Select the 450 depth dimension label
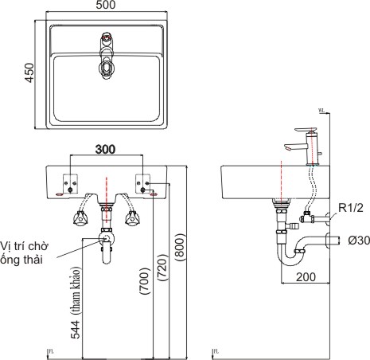[x=29, y=75]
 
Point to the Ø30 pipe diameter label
[x=353, y=239]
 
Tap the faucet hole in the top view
[x=107, y=37]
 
